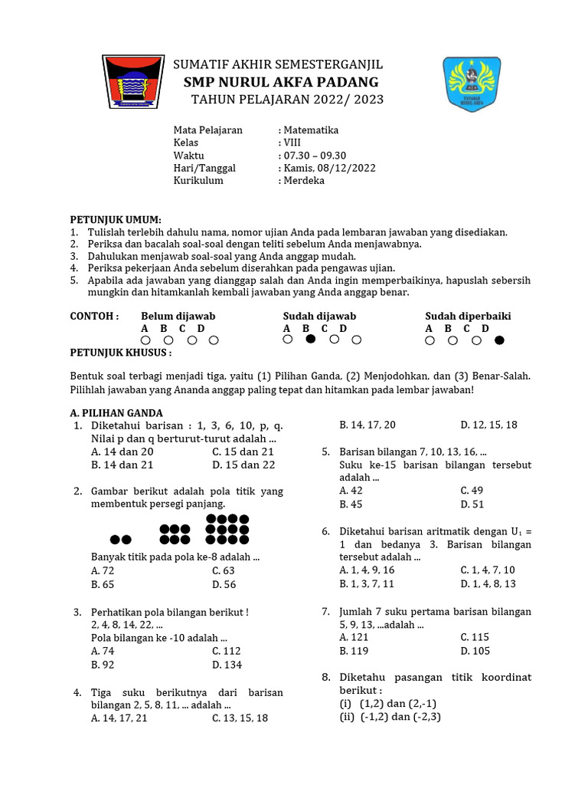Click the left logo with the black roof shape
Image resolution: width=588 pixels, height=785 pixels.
pyautogui.click(x=133, y=82)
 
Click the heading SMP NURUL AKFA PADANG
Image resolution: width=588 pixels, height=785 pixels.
pyautogui.click(x=281, y=82)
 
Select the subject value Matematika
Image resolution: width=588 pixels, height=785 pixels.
pyautogui.click(x=310, y=130)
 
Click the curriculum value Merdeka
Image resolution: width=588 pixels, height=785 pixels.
pyautogui.click(x=303, y=181)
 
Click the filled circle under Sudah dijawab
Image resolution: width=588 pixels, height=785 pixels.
pyautogui.click(x=310, y=340)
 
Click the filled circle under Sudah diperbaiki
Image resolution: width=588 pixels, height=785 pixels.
pyautogui.click(x=500, y=340)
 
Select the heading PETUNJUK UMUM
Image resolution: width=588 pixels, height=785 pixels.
pyautogui.click(x=116, y=219)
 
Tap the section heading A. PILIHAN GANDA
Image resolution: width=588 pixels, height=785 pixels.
pyautogui.click(x=116, y=412)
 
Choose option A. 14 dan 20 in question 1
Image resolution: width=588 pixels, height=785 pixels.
pyautogui.click(x=122, y=452)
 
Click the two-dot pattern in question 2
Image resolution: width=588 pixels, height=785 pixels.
pyautogui.click(x=121, y=540)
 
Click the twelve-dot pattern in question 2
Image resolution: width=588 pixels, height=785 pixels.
pyautogui.click(x=227, y=530)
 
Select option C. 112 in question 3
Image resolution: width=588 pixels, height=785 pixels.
pyautogui.click(x=227, y=651)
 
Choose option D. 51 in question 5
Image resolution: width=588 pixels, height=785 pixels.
pyautogui.click(x=472, y=504)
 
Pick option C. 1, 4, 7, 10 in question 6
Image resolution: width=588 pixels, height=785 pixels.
pyautogui.click(x=488, y=570)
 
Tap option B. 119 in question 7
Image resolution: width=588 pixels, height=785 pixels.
pyautogui.click(x=355, y=651)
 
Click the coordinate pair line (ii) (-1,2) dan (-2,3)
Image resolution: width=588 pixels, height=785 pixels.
pyautogui.click(x=390, y=717)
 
